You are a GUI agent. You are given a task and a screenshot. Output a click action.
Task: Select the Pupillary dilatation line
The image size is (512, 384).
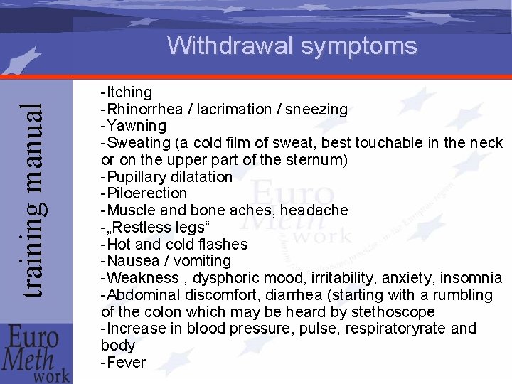tap(167, 176)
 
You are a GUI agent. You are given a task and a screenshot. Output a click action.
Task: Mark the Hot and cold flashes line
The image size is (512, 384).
tap(174, 245)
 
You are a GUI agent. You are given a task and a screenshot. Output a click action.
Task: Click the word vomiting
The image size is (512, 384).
tap(199, 261)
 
